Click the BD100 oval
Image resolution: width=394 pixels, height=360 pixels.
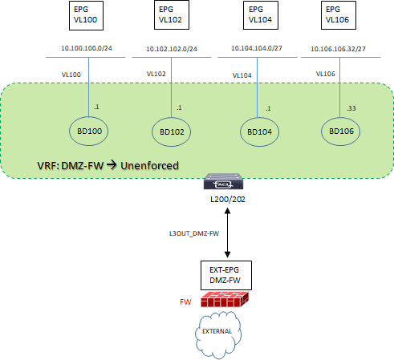[88, 130]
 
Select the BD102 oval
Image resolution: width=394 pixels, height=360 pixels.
[173, 131]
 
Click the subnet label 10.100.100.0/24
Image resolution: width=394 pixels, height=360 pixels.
[87, 48]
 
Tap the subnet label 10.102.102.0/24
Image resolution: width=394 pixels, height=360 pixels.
[173, 48]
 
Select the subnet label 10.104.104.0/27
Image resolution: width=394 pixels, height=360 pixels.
[258, 48]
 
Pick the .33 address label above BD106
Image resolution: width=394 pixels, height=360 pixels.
[351, 107]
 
